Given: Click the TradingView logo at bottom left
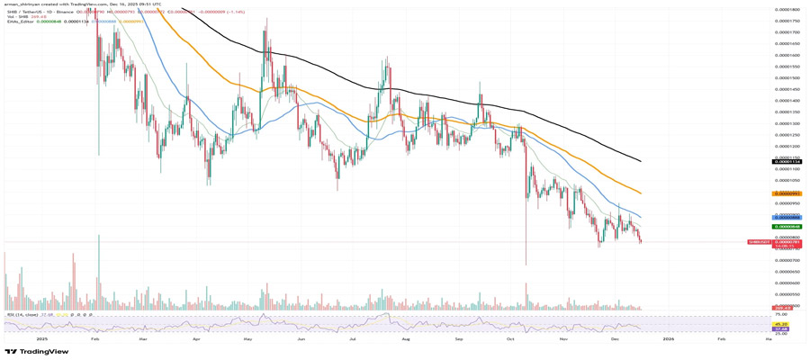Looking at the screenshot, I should [37, 352].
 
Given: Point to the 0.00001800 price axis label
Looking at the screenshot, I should [787, 9].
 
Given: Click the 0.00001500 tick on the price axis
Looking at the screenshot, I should [787, 77].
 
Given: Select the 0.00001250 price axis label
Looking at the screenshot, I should [787, 135].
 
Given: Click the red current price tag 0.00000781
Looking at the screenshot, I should [787, 242].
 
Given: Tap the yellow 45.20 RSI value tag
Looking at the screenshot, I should [781, 324].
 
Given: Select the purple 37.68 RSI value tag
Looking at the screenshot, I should [781, 329].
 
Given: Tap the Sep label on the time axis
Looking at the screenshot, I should [458, 339].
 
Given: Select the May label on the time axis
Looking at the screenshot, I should [248, 339].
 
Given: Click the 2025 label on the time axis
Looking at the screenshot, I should [41, 339].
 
